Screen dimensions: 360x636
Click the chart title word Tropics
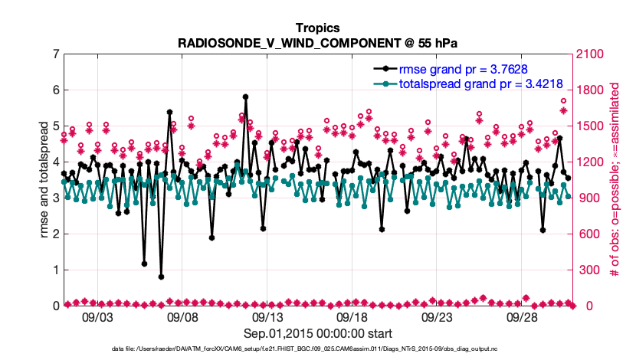318,28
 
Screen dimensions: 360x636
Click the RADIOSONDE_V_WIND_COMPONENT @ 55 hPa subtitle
318,42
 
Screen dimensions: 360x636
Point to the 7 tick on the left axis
55,54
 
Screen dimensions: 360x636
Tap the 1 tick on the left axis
55,270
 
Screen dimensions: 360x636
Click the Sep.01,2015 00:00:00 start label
318,333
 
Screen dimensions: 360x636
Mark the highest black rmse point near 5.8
245,97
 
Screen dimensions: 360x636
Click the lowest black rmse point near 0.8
161,277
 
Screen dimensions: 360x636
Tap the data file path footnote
318,349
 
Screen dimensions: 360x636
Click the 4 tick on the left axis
55,162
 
